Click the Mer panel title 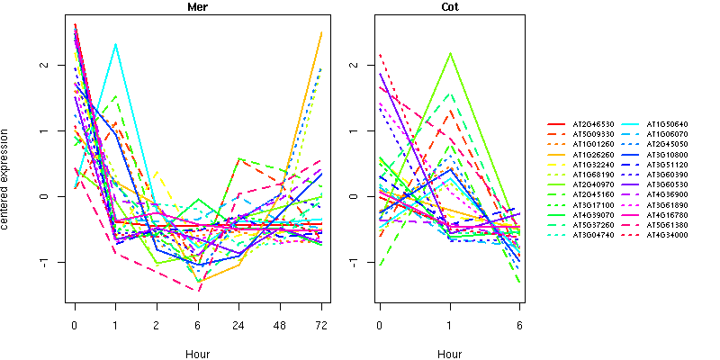(x=197, y=7)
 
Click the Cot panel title (x=449, y=7)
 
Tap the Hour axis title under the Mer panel (x=197, y=355)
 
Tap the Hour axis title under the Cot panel (x=449, y=355)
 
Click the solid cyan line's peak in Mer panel (x=115, y=43)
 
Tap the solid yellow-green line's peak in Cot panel (x=450, y=53)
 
